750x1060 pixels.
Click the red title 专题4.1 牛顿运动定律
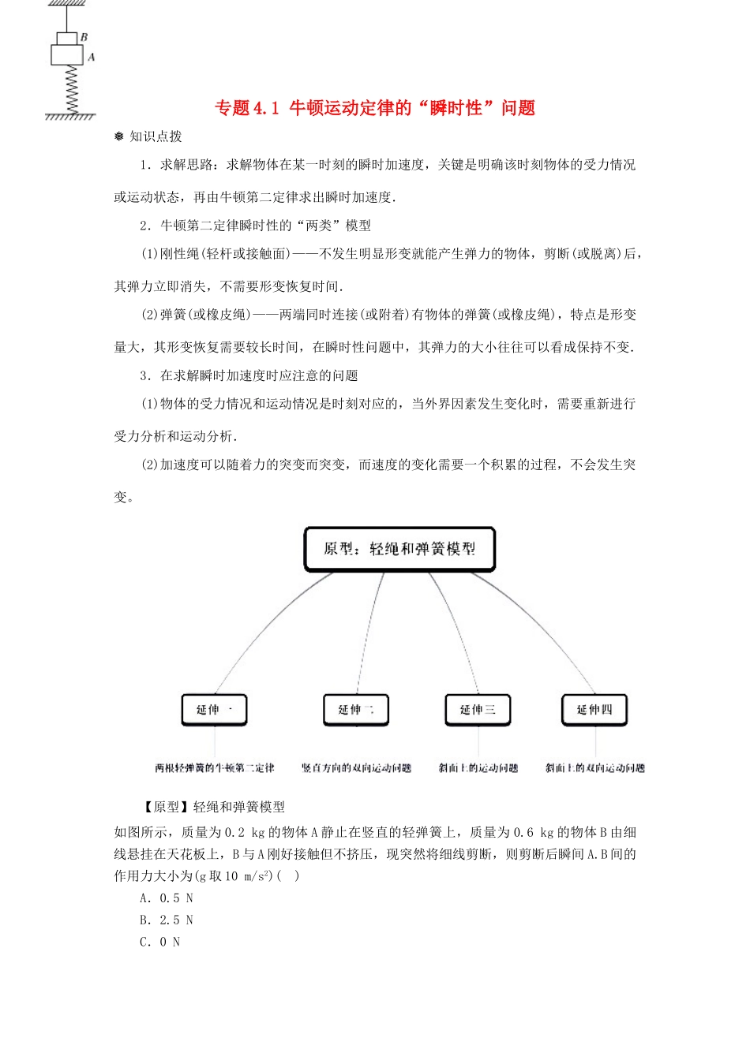375,108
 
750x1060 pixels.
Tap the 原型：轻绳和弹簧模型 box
399,549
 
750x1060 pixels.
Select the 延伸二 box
356,710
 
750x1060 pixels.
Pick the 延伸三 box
478,710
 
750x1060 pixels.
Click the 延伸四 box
594,710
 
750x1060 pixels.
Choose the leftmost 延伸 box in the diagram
215,710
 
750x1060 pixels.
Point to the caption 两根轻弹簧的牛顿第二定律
215,768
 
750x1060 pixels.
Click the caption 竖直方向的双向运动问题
356,768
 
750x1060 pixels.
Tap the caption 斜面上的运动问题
478,768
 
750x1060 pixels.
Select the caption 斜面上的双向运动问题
594,768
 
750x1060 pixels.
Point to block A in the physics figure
67,55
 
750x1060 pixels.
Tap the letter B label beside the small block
84,37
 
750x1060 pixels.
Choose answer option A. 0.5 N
167,898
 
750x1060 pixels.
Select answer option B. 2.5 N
167,920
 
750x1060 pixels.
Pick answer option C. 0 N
160,942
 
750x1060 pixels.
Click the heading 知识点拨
155,136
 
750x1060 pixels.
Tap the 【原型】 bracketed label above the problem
165,807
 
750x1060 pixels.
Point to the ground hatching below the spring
70,117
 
